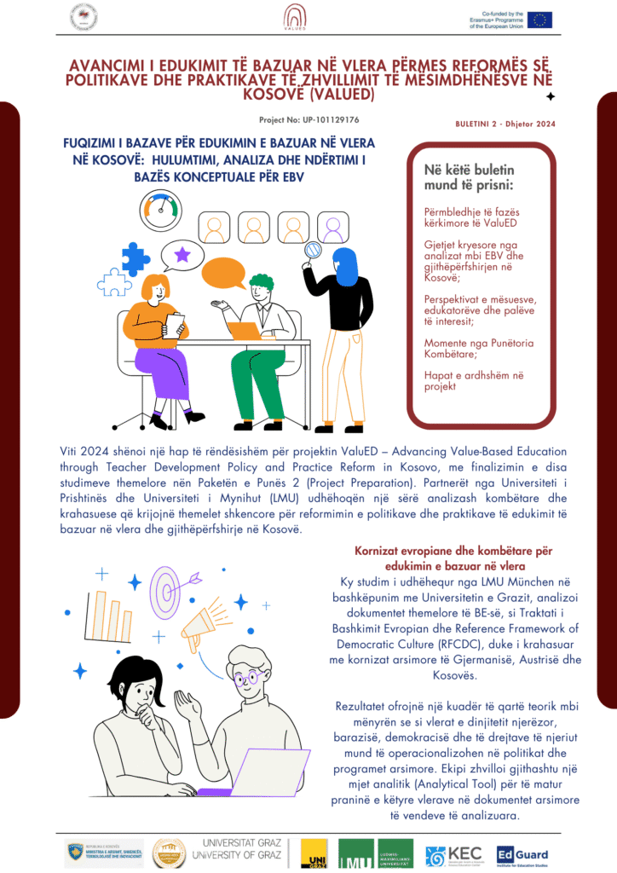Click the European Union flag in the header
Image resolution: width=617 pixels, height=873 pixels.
click(539, 20)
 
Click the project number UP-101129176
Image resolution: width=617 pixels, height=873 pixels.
click(308, 120)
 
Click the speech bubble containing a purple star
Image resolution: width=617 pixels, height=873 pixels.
click(183, 254)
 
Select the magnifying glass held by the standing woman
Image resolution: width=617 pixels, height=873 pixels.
click(312, 251)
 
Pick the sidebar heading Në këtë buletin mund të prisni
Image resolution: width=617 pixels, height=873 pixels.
click(469, 176)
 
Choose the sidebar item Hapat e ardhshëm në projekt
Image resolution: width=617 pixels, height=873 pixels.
click(464, 380)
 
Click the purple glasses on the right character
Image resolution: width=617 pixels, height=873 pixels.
click(248, 679)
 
